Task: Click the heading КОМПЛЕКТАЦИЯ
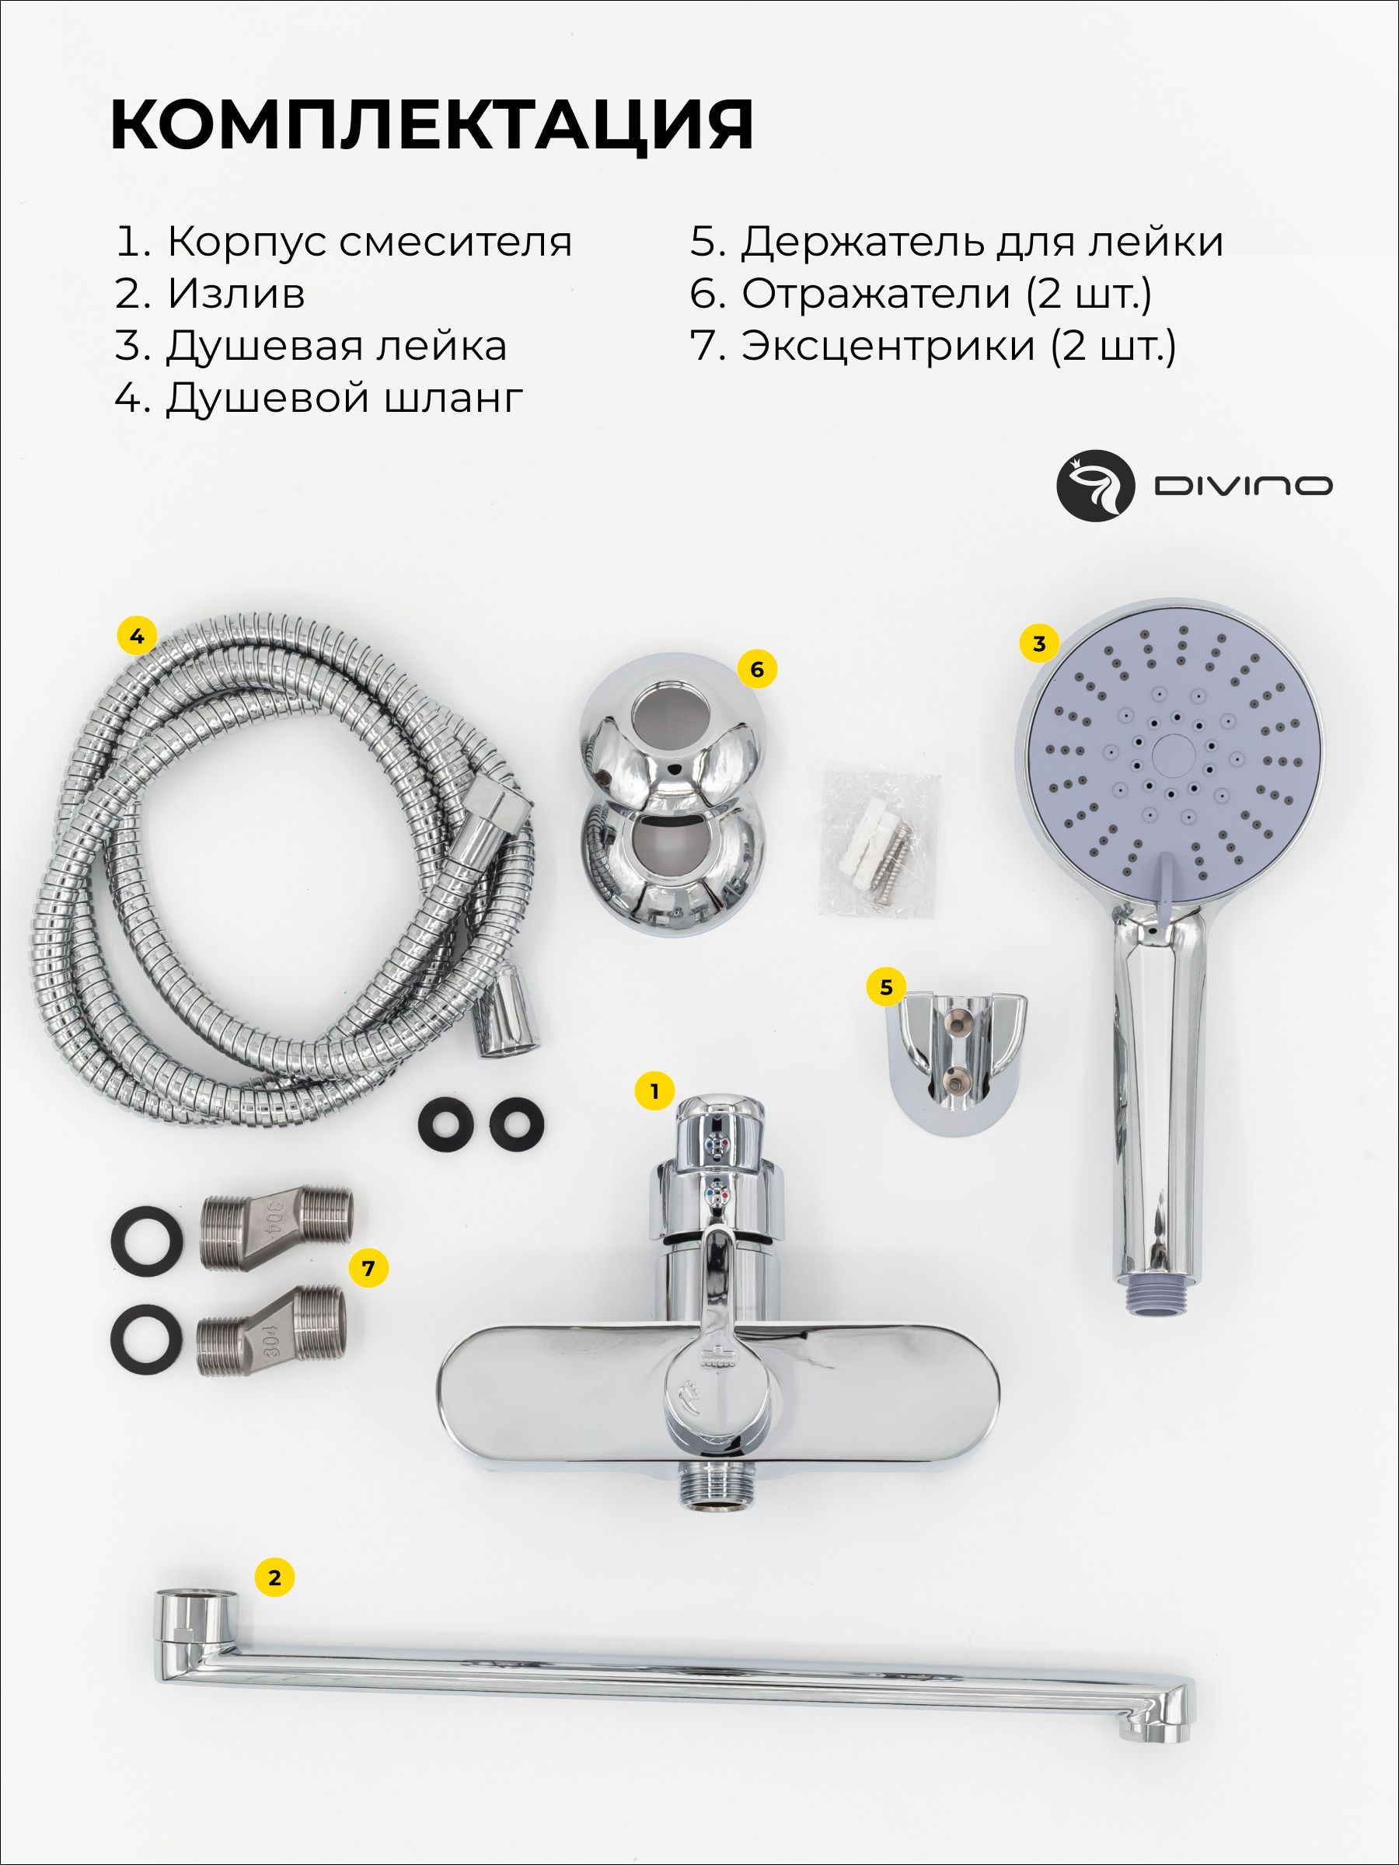[432, 125]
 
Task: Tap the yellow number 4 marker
[137, 636]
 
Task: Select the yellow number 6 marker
[756, 669]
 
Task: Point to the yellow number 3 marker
[1039, 643]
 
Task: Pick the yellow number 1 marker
[654, 1092]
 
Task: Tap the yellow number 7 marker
[367, 1267]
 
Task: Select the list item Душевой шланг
[319, 399]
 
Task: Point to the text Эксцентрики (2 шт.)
[933, 347]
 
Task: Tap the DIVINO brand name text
[1242, 486]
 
